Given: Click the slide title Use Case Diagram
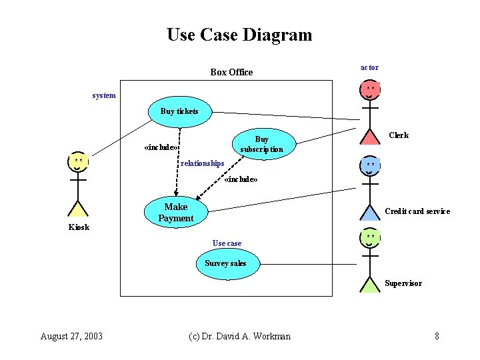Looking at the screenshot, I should click(239, 35).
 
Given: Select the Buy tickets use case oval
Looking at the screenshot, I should click(179, 111).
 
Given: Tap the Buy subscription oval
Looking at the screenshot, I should click(261, 144).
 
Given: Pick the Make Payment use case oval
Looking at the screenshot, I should click(176, 213).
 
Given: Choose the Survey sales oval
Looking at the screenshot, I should click(225, 263).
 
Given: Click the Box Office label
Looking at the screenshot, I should click(231, 72).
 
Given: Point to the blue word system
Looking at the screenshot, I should click(104, 95).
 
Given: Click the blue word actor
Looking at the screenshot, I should click(369, 67).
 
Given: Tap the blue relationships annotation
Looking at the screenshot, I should click(203, 163).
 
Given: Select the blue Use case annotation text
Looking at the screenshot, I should click(227, 243).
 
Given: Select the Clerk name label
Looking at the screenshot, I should click(399, 135).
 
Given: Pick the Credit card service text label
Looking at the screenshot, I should click(417, 211).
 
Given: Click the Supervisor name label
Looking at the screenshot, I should click(403, 283).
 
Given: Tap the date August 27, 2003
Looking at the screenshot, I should click(71, 336).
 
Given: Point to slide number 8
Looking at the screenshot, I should click(437, 336).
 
